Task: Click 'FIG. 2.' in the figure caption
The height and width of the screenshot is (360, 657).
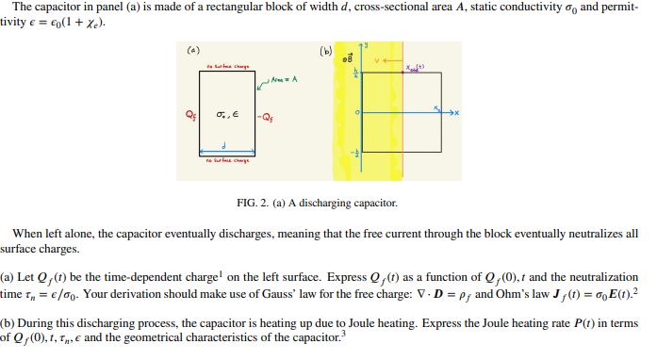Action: (x=255, y=203)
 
